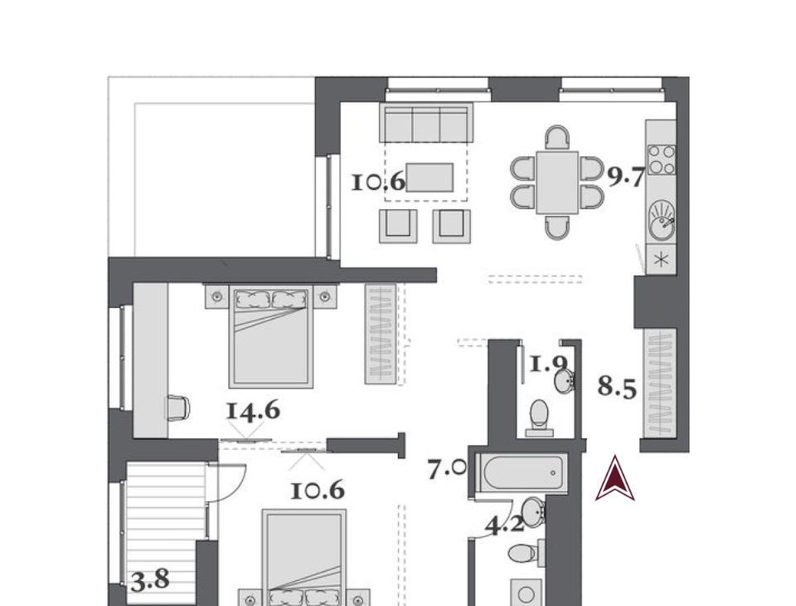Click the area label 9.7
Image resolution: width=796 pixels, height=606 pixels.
tap(626, 177)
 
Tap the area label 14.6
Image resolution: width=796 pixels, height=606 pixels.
tap(253, 411)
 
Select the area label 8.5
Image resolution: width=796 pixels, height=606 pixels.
tap(617, 387)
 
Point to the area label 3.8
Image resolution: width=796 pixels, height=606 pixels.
tap(150, 580)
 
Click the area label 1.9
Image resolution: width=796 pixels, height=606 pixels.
tap(548, 364)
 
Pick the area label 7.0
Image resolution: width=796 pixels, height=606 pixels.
tap(447, 469)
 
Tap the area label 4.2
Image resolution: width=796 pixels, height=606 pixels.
tap(504, 524)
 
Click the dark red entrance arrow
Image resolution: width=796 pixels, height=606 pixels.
tap(614, 478)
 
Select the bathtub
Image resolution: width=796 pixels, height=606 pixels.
tap(523, 473)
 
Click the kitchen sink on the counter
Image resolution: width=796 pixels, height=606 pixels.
tap(662, 220)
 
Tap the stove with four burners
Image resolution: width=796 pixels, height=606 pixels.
tap(662, 159)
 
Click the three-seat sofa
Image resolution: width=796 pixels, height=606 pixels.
tap(426, 123)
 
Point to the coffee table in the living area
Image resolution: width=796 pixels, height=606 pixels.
tap(430, 178)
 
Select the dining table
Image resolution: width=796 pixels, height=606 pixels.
tap(557, 182)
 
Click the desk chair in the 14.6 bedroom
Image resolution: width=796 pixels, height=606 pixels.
tap(177, 408)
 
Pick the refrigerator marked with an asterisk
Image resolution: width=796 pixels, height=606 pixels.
tap(661, 259)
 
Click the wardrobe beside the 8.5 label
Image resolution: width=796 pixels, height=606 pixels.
tap(660, 383)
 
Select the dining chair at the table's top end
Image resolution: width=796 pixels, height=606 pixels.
tap(557, 137)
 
